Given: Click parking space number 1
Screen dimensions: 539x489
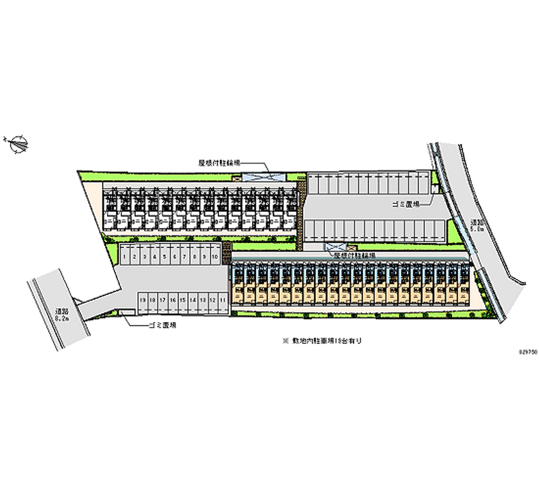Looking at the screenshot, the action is point(125,256).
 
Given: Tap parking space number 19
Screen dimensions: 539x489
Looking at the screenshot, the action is point(143,300).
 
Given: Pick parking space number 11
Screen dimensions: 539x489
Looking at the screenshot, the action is point(222,300).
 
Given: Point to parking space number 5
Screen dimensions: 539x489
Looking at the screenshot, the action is point(164,256).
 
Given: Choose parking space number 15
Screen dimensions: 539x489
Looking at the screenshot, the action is point(183,300).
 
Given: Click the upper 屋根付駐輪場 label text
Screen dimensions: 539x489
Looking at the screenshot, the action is point(219,162).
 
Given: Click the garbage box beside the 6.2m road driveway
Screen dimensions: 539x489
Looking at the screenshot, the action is point(127,311).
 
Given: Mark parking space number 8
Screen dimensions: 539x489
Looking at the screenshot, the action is point(194,256).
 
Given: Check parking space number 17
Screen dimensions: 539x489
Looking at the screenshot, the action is point(162,300).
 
